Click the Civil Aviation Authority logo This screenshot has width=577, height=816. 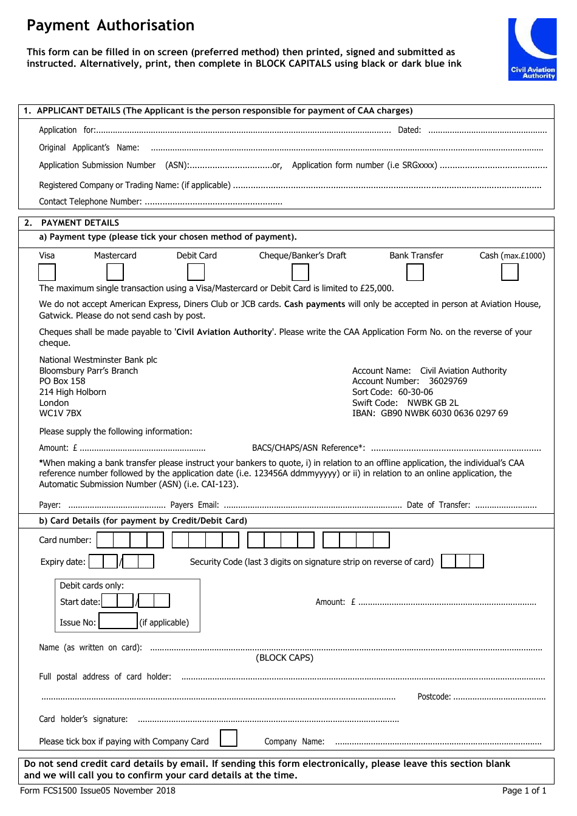(532, 49)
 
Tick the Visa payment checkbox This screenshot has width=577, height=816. (47, 272)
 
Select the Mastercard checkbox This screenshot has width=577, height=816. (115, 272)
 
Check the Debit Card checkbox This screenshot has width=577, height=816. (196, 272)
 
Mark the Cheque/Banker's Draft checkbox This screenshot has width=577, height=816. (301, 272)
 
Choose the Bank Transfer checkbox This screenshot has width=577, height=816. (415, 272)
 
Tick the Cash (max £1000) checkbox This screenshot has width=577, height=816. (510, 272)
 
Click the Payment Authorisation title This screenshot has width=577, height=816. (111, 25)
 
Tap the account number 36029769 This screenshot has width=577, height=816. (448, 381)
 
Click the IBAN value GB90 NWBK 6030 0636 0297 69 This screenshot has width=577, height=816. (444, 413)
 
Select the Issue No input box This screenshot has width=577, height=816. (118, 621)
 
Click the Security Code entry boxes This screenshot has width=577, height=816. (462, 561)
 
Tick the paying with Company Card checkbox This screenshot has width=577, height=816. (228, 738)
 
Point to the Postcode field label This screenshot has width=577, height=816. (434, 696)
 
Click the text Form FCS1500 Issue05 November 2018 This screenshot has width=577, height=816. (98, 791)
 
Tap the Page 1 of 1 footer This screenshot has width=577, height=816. (524, 791)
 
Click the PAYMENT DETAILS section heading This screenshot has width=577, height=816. (80, 223)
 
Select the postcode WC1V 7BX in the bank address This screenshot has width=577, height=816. (60, 413)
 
